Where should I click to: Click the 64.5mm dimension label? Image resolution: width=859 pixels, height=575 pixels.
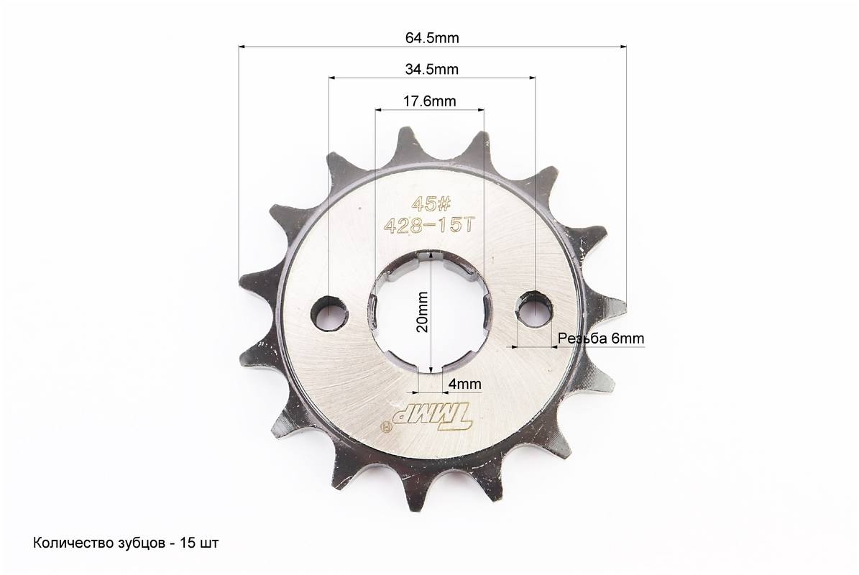432,38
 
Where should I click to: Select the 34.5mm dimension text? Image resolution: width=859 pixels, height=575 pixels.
432,70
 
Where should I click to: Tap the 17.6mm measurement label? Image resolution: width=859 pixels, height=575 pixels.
430,101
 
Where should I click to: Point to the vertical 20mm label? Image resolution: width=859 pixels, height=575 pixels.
423,312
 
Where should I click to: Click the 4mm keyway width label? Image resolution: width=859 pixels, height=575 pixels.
464,384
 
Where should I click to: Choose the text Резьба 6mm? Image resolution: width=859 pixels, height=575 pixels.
601,339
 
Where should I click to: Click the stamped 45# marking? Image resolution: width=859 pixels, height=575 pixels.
431,205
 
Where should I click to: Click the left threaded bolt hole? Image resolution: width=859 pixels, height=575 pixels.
330,313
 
